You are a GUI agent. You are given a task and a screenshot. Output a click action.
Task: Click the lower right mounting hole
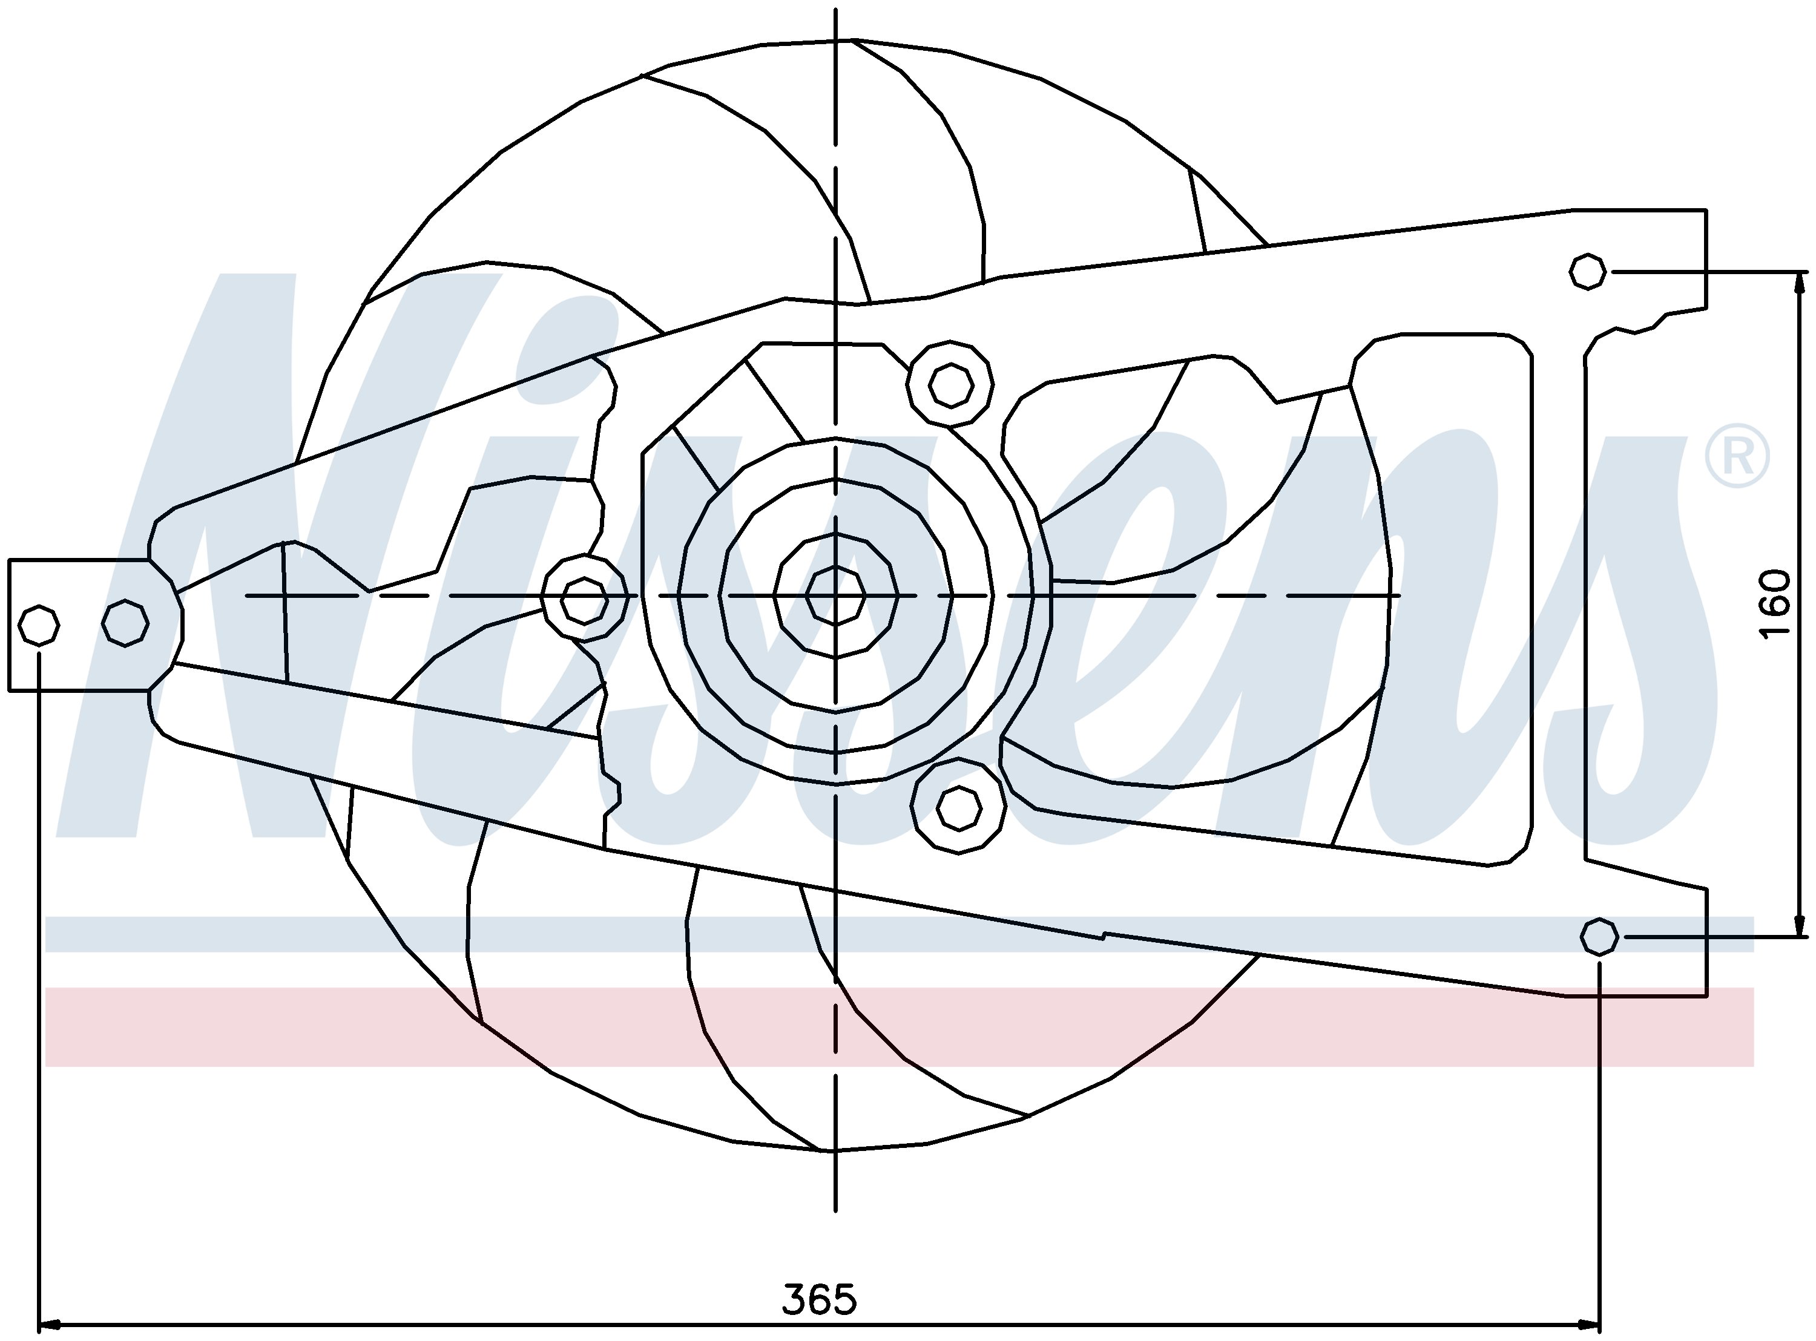click(1599, 937)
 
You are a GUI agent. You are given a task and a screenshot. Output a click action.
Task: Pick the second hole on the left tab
click(125, 623)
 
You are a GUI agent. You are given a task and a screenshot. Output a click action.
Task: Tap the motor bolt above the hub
click(950, 385)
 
